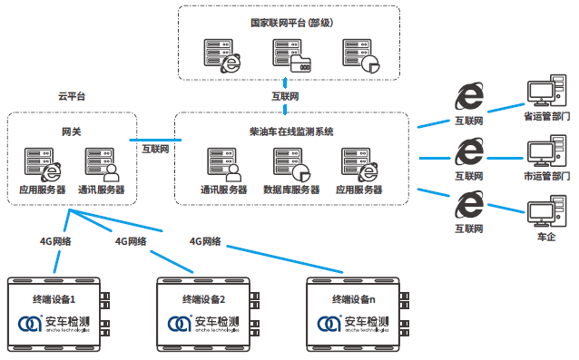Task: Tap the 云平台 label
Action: pyautogui.click(x=72, y=95)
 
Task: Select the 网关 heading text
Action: pyautogui.click(x=72, y=131)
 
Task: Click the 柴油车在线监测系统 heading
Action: pyautogui.click(x=291, y=131)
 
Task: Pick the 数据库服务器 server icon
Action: pyautogui.click(x=290, y=164)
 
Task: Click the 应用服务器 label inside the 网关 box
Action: pyautogui.click(x=42, y=190)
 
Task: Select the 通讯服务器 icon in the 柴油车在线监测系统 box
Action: pyautogui.click(x=223, y=164)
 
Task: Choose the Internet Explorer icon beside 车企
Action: pyautogui.click(x=469, y=204)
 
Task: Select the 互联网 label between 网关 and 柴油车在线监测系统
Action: pyautogui.click(x=155, y=148)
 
